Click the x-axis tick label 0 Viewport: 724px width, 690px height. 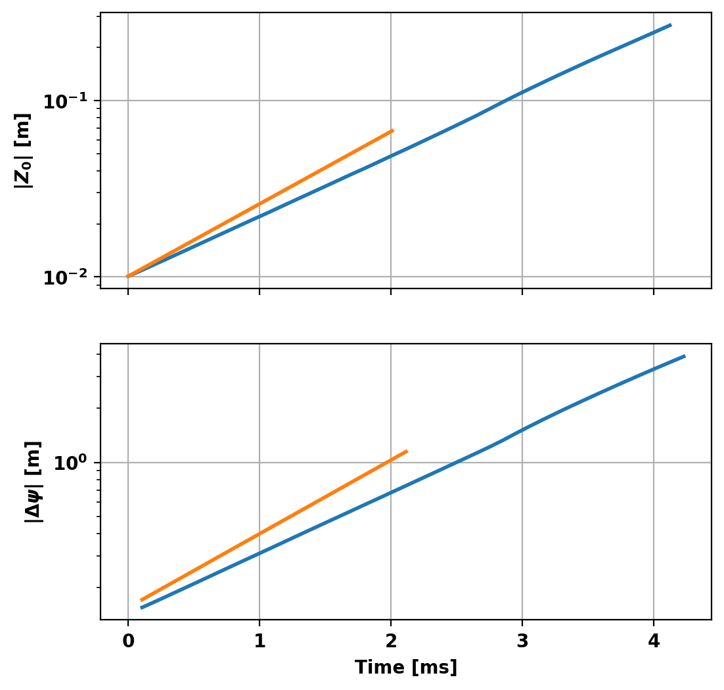[x=127, y=641]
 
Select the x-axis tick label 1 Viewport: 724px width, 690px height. [x=260, y=641]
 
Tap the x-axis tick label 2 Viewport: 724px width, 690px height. [x=391, y=641]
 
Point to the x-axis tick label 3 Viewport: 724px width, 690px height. [x=522, y=641]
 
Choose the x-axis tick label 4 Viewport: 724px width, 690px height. [x=654, y=641]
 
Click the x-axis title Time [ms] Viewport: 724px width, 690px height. [x=406, y=668]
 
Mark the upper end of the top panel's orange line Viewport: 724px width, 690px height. [x=393, y=130]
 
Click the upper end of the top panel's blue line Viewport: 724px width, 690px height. [x=671, y=25]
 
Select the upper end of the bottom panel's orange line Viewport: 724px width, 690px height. [x=407, y=451]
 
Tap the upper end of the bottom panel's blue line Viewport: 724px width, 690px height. [x=685, y=356]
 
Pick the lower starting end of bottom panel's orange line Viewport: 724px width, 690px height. [x=141, y=600]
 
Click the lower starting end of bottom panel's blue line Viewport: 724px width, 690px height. [x=141, y=608]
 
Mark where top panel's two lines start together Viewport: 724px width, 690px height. [x=128, y=277]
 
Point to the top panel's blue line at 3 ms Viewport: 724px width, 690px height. [x=522, y=92]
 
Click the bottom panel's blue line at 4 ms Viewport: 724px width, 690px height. [x=654, y=369]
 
